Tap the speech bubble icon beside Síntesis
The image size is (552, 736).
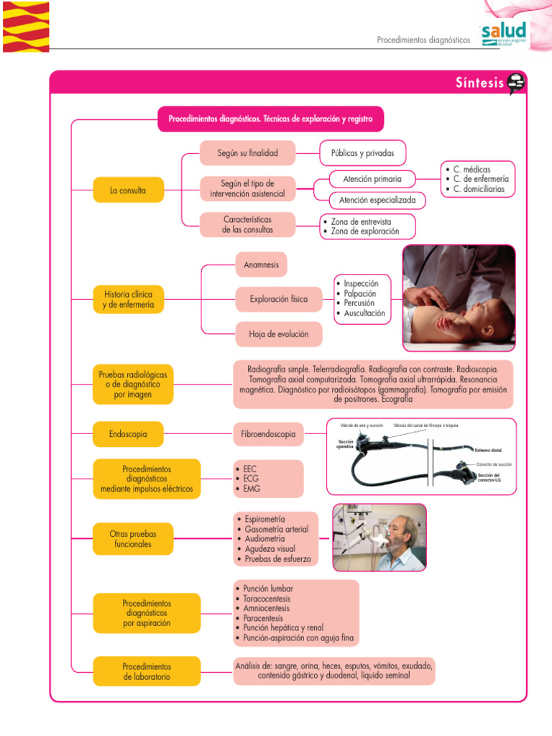[516, 83]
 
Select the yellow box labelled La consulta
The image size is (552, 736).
[129, 190]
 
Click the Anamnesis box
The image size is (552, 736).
[261, 264]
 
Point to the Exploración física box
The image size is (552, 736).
[279, 299]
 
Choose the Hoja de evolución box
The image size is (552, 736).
[279, 333]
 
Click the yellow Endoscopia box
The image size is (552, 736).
[129, 434]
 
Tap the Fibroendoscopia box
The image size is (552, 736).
[268, 434]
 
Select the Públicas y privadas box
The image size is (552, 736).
[362, 153]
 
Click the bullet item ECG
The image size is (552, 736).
[251, 479]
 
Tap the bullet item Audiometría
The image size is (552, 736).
[264, 538]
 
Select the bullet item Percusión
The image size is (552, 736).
[359, 303]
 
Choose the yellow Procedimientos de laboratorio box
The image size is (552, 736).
[147, 671]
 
